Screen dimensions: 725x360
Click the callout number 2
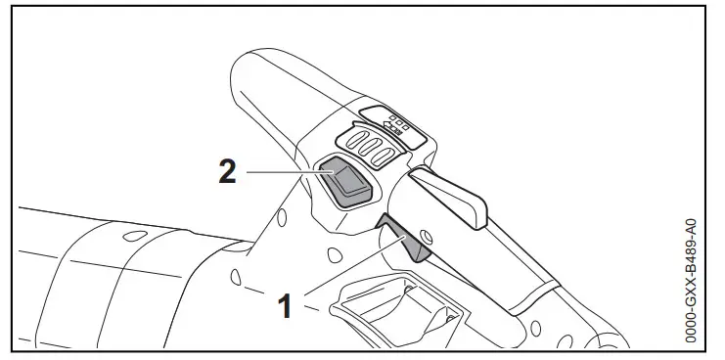(226, 172)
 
